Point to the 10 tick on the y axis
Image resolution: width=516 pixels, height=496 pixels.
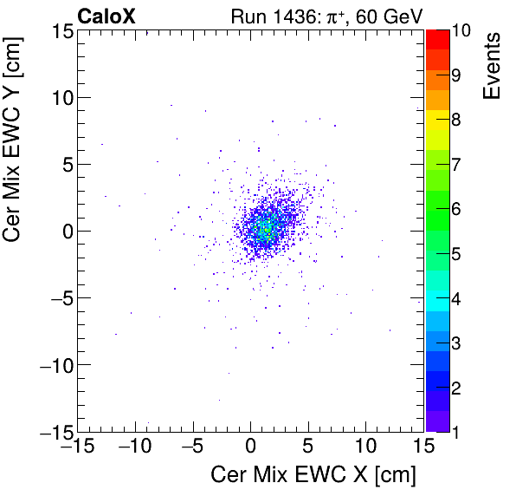point(60,97)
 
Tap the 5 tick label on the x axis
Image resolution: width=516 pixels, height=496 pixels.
point(308,447)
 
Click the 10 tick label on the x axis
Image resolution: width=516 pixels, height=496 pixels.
point(365,447)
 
